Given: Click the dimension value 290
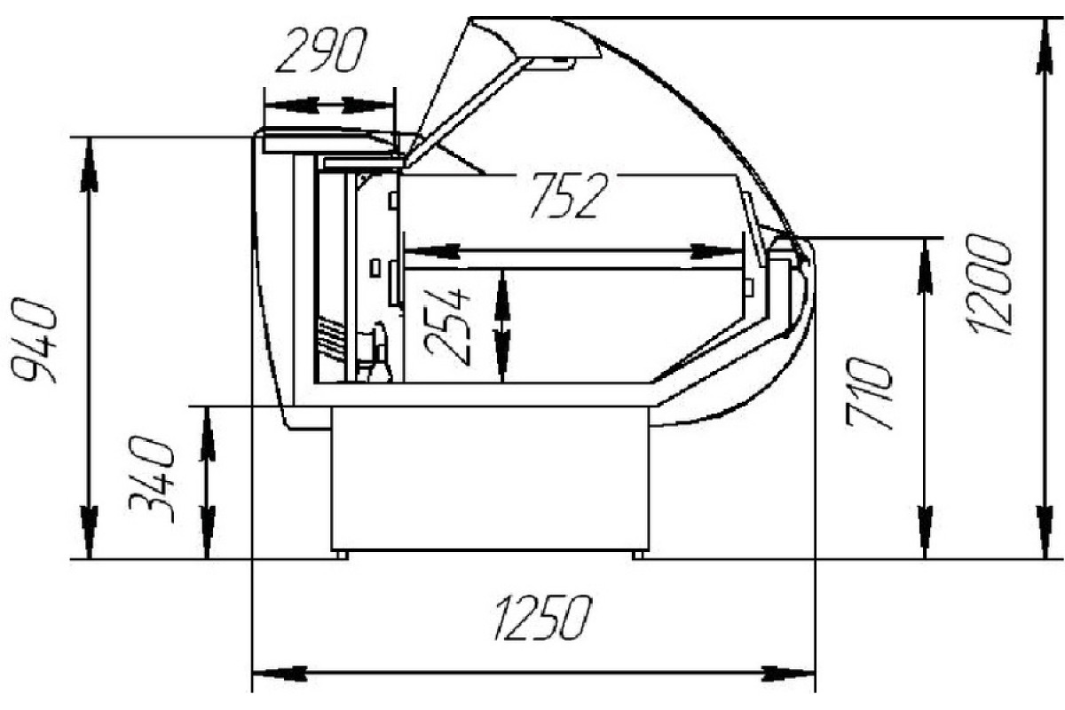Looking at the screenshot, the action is [x=322, y=50].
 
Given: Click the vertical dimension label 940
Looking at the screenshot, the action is [x=35, y=340].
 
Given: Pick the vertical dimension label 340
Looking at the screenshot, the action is [x=152, y=480].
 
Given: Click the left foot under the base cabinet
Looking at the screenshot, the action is [x=342, y=555].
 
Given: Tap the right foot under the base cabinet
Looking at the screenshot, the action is [x=638, y=555].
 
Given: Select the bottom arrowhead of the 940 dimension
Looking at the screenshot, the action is [x=89, y=532].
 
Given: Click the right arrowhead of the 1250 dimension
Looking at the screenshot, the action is [x=788, y=673].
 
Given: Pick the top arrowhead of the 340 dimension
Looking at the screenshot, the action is [x=207, y=434].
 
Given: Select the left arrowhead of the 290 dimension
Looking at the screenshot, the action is [x=291, y=105].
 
